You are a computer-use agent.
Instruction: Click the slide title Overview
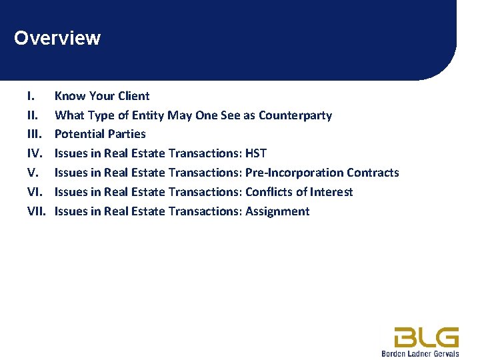coord(57,38)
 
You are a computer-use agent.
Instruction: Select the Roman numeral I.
coord(31,96)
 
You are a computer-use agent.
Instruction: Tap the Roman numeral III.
coord(33,134)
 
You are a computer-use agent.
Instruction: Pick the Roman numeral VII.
coord(35,211)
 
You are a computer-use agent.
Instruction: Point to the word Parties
coord(127,134)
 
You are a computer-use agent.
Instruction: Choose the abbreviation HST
coord(256,153)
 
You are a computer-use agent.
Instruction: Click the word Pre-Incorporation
coord(294,173)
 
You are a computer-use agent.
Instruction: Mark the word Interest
coord(332,192)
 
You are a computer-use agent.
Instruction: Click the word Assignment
coord(277,211)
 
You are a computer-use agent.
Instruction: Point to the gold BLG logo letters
coord(426,337)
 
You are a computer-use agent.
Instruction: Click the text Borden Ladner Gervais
coord(420,353)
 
